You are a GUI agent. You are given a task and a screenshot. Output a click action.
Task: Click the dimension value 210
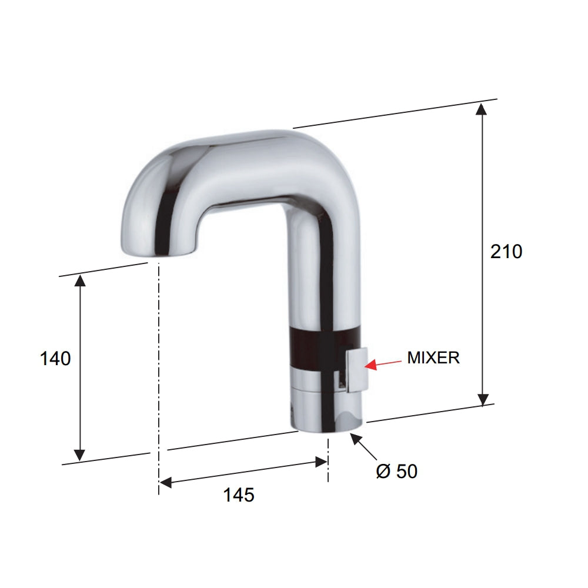click(x=506, y=252)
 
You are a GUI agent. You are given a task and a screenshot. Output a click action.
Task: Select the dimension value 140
click(x=55, y=358)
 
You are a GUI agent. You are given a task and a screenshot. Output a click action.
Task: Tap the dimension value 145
click(x=238, y=495)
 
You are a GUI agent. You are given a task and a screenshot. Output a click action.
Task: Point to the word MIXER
click(x=433, y=358)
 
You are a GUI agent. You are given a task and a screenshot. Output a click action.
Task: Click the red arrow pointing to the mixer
click(x=382, y=363)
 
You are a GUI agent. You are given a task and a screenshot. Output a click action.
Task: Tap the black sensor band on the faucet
click(x=318, y=350)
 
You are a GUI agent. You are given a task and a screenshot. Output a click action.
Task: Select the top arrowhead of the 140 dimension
click(x=80, y=281)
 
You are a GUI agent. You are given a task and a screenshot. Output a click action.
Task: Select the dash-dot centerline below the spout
click(x=158, y=353)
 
